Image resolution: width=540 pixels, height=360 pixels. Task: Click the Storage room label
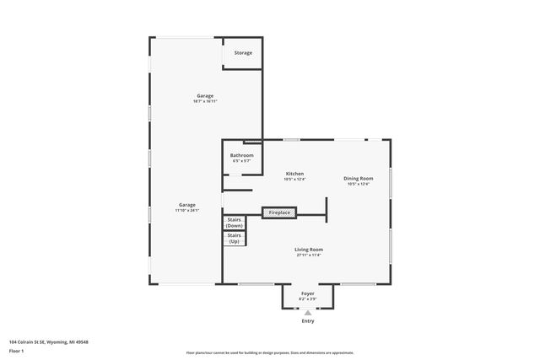coord(243,53)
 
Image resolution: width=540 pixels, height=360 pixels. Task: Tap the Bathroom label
coord(242,155)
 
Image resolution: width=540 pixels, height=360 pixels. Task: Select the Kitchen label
coord(294,174)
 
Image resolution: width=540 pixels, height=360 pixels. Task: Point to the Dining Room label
coord(359,178)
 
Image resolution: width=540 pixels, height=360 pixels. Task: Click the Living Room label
coord(309,250)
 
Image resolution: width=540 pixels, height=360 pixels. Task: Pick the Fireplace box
coord(279,212)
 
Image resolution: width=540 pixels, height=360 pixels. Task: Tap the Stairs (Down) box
coord(235,223)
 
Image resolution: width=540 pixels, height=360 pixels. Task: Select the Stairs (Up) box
coord(235,239)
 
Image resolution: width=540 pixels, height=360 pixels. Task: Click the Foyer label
coord(307,293)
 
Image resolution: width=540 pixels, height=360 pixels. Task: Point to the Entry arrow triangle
coord(307,312)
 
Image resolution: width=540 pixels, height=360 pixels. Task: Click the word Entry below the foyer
coord(307,321)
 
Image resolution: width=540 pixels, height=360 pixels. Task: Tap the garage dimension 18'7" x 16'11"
coord(206,101)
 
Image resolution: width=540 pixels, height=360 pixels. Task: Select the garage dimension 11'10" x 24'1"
coord(187,210)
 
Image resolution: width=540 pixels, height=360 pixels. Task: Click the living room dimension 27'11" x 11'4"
coord(309,255)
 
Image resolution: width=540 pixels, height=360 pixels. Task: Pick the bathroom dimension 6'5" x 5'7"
coord(242,161)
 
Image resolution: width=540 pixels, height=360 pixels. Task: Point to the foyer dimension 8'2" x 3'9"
coord(307,299)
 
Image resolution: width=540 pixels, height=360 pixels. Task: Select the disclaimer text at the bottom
coord(270,353)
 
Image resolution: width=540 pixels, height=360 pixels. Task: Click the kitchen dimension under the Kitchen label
coord(294,180)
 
